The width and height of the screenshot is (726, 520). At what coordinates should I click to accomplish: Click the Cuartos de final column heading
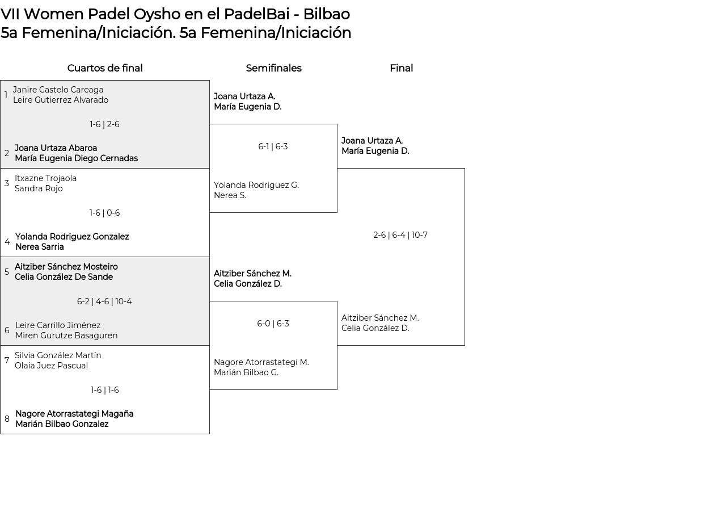pyautogui.click(x=105, y=69)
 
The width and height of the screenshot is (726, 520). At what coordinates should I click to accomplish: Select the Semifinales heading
pyautogui.click(x=273, y=69)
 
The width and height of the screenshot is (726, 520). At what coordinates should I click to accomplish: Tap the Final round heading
pyautogui.click(x=401, y=69)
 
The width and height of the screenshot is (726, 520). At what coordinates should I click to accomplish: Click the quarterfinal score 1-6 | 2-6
pyautogui.click(x=104, y=125)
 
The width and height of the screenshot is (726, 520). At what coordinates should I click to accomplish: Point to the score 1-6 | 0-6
pyautogui.click(x=104, y=213)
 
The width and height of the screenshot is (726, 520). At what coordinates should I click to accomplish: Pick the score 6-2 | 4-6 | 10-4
pyautogui.click(x=104, y=302)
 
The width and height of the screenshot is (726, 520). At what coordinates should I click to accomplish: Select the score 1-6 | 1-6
pyautogui.click(x=104, y=391)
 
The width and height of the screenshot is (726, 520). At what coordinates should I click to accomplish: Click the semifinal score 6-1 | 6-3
pyautogui.click(x=273, y=147)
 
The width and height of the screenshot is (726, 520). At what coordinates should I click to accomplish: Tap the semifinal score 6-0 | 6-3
pyautogui.click(x=273, y=324)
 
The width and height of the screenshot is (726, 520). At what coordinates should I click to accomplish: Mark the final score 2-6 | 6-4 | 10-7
pyautogui.click(x=400, y=236)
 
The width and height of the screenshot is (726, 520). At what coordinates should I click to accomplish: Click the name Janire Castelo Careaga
pyautogui.click(x=58, y=90)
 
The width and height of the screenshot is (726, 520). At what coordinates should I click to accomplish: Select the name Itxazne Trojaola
pyautogui.click(x=45, y=179)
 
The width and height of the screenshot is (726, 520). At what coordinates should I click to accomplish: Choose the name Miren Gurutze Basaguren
pyautogui.click(x=66, y=336)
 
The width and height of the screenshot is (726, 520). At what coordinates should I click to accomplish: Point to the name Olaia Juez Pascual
pyautogui.click(x=51, y=366)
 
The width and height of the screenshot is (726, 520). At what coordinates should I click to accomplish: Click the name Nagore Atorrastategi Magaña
pyautogui.click(x=74, y=414)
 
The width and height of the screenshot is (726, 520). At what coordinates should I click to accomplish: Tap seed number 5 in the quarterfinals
pyautogui.click(x=7, y=272)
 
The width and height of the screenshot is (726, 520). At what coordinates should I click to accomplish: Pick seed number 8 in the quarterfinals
pyautogui.click(x=7, y=420)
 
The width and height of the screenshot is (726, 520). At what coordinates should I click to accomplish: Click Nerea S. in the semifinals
pyautogui.click(x=230, y=196)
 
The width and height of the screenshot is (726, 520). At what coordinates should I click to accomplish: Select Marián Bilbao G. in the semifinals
pyautogui.click(x=246, y=373)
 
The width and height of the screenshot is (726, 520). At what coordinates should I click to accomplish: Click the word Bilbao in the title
pyautogui.click(x=327, y=14)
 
